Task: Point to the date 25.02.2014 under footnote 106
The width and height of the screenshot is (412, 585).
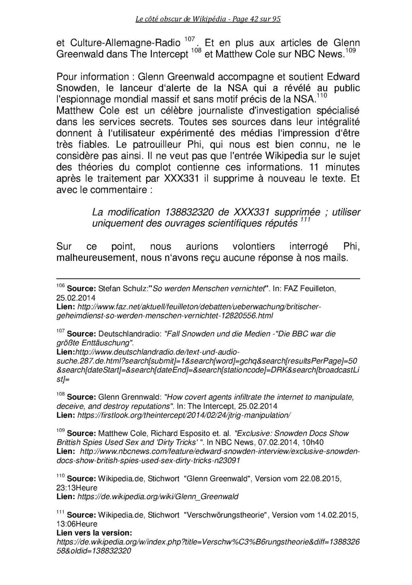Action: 76,298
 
